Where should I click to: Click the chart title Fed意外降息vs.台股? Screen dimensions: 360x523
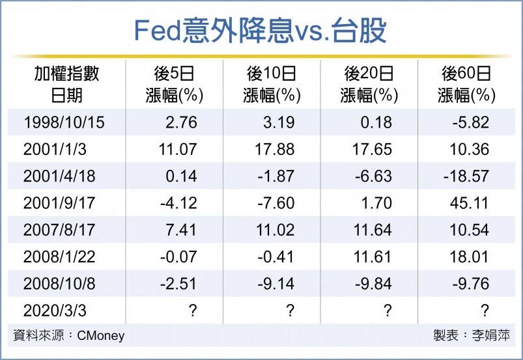[261, 30]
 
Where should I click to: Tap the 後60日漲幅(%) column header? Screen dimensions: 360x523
[466, 84]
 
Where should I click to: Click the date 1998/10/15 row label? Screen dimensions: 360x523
[63, 122]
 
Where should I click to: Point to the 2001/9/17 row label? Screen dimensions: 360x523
[59, 203]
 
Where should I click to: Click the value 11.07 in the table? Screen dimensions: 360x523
[177, 149]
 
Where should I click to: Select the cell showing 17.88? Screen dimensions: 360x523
[275, 149]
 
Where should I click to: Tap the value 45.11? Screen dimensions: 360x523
[469, 203]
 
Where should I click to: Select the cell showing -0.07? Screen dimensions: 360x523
[178, 256]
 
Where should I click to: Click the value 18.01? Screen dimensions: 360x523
[469, 256]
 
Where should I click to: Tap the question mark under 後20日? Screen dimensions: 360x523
[388, 311]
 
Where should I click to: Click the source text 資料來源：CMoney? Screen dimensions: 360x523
[68, 336]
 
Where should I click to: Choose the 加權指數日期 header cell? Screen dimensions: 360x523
[66, 84]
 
